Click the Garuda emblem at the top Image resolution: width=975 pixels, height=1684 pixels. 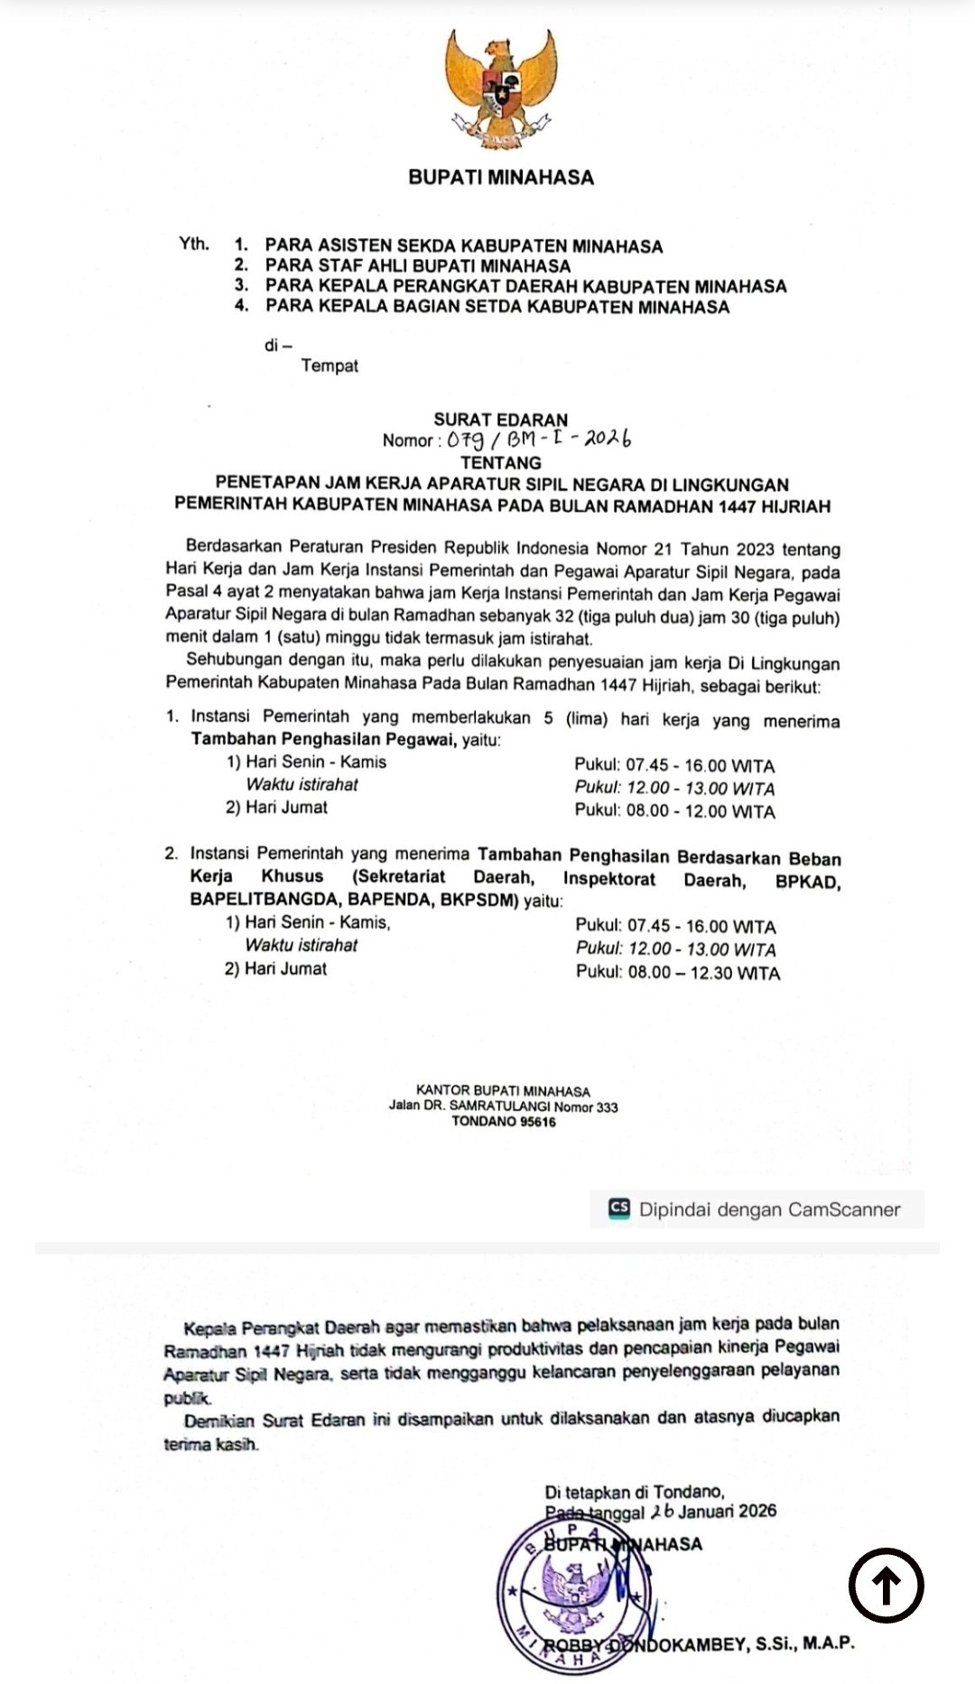click(x=499, y=90)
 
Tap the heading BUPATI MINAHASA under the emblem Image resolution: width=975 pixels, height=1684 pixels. click(x=501, y=178)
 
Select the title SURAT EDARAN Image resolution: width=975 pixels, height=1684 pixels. click(x=500, y=420)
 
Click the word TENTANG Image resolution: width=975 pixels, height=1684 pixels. click(x=500, y=463)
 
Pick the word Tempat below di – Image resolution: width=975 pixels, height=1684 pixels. click(x=330, y=366)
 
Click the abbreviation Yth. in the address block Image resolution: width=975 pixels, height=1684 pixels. click(x=193, y=245)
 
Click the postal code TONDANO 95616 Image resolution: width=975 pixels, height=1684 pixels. click(x=504, y=1122)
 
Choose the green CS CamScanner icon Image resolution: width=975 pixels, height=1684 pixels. click(x=619, y=1209)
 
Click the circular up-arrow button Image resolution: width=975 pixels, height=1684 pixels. click(x=886, y=1585)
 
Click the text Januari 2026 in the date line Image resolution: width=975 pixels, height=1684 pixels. click(x=728, y=1512)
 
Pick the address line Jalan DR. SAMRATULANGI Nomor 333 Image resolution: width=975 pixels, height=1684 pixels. click(x=503, y=1106)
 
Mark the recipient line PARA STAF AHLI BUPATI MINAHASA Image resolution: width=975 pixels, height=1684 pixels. click(x=418, y=266)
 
